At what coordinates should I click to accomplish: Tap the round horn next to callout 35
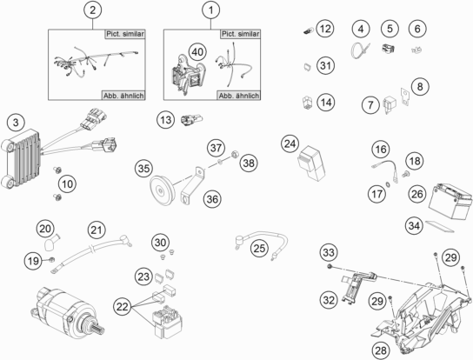[161, 189]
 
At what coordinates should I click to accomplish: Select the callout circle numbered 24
[290, 143]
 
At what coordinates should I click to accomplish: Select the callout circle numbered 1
[208, 11]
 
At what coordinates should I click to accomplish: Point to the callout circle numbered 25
[258, 249]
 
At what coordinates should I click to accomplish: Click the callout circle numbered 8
[421, 87]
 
